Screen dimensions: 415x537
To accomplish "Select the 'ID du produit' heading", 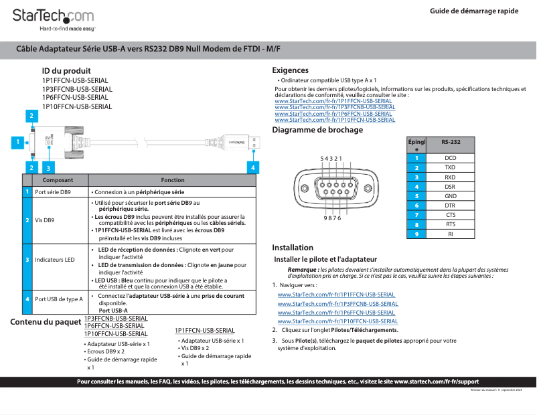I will (66, 71).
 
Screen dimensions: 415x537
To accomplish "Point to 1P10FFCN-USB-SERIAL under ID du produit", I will (77, 106).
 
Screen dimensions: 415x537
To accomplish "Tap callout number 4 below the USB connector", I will (252, 167).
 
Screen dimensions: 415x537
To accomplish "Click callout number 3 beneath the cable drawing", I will (47, 167).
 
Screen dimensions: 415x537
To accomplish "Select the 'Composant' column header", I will (58, 180).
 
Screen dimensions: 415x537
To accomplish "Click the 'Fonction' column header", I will (172, 180).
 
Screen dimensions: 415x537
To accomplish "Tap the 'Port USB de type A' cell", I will (58, 299).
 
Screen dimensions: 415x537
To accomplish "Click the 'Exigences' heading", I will (290, 70).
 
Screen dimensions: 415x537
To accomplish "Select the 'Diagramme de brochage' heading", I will (317, 130).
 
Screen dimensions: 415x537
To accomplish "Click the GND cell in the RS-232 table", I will (450, 196).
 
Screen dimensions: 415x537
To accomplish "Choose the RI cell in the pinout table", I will (450, 234).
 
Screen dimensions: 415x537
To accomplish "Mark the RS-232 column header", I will (451, 143).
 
